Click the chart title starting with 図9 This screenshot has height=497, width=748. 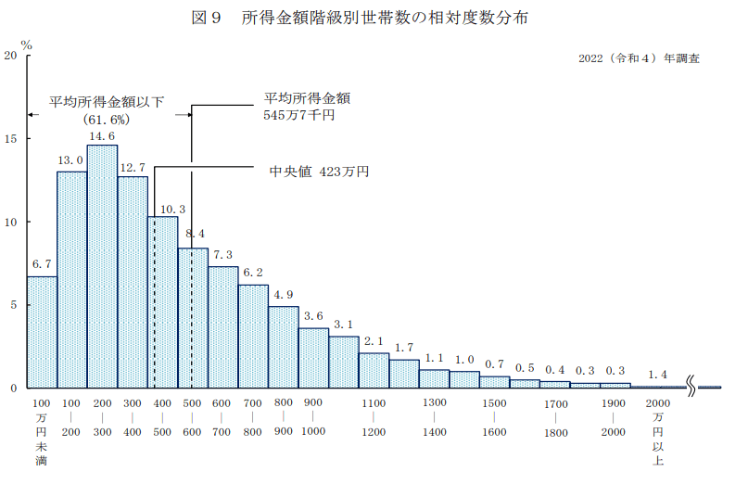373,19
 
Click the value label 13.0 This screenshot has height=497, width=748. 71,160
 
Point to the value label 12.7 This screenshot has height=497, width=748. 133,167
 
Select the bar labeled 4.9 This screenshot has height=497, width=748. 284,347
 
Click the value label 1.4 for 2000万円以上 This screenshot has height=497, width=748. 657,375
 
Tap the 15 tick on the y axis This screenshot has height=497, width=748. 11,139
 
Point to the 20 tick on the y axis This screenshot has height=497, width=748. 11,56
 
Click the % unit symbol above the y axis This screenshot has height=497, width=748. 27,44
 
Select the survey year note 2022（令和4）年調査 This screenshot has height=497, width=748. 638,58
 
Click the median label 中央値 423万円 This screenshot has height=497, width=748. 319,172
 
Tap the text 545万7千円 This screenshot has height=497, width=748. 298,116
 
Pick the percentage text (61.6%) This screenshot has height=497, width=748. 106,120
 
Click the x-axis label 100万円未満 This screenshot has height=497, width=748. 42,432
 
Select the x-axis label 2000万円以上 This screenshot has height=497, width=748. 657,432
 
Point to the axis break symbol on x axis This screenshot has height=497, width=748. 692,387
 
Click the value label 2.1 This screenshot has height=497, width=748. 374,341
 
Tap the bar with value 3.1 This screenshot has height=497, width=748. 344,362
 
